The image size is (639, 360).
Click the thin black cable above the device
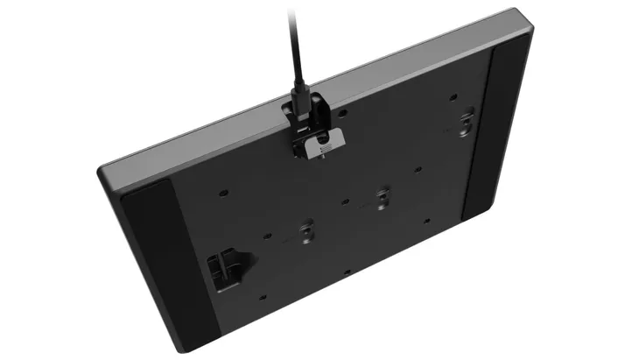click(x=294, y=44)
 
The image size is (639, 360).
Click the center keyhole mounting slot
click(x=382, y=197)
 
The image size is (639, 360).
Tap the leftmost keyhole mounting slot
click(x=305, y=231)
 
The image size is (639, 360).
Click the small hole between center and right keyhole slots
click(x=419, y=169)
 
